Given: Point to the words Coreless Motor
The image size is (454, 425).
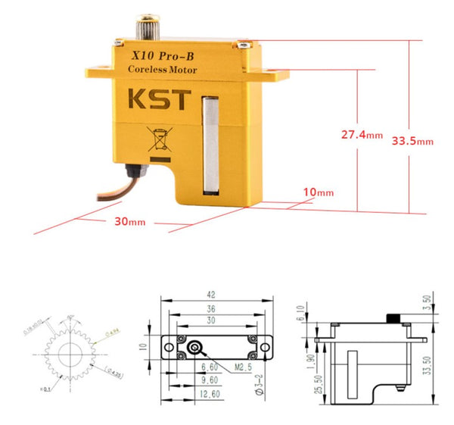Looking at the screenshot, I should pyautogui.click(x=163, y=70).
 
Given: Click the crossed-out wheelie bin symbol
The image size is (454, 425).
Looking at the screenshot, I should pyautogui.click(x=158, y=141).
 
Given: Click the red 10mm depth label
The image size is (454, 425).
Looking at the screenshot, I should pyautogui.click(x=319, y=192).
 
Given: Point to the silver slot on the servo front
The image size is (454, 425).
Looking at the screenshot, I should pyautogui.click(x=212, y=144).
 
